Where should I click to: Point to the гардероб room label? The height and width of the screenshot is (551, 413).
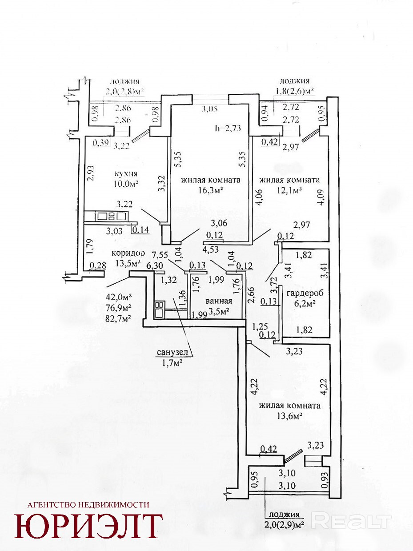tap(305, 293)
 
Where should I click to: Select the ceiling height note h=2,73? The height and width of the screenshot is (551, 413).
tap(228, 129)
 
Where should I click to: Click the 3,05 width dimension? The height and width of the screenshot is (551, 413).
tap(210, 109)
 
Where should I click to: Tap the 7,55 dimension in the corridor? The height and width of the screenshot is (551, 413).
tap(160, 255)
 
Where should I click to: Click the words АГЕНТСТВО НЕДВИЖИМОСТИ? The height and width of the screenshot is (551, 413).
tap(88, 505)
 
